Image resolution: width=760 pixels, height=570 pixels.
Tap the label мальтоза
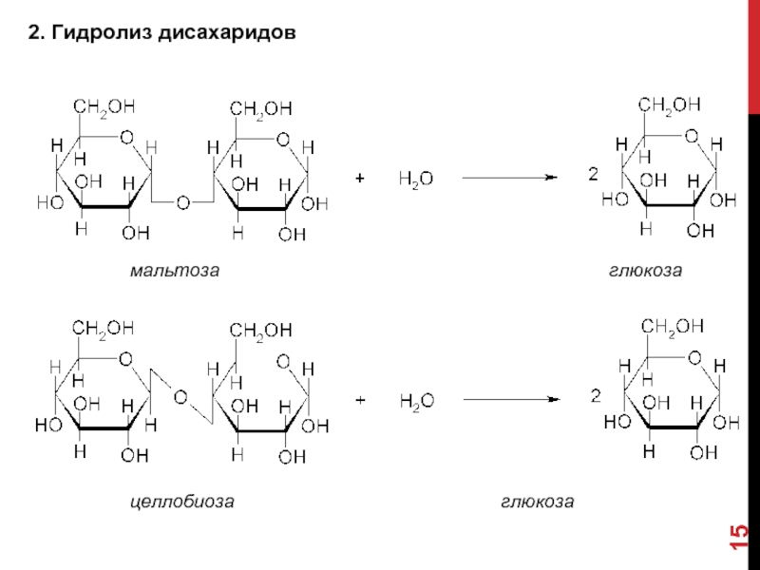[176, 271]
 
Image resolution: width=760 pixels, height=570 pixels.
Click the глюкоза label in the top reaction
[646, 271]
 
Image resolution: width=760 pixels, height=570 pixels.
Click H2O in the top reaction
[415, 179]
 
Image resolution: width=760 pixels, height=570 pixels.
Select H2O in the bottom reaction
[415, 402]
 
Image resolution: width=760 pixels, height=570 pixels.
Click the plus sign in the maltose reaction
[360, 178]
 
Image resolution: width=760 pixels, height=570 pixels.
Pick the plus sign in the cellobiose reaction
[360, 401]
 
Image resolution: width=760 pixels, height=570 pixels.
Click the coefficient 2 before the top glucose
[593, 175]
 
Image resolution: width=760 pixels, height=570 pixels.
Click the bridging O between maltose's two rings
[181, 202]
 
